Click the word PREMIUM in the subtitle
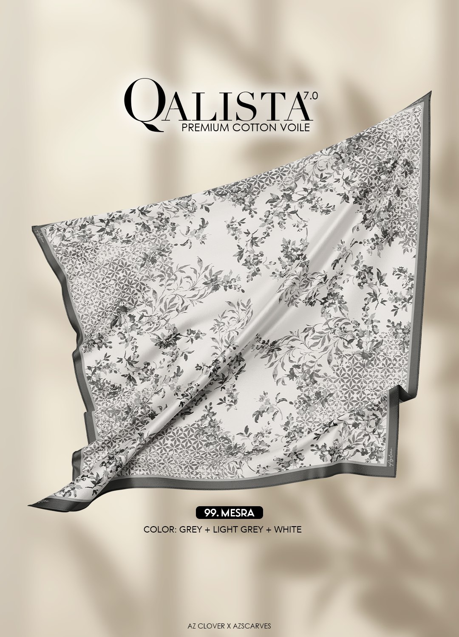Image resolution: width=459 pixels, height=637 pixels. (204, 127)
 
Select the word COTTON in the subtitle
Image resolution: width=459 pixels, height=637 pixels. (253, 127)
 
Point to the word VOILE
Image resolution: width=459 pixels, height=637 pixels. (295, 127)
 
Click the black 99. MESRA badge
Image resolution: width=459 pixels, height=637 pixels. (229, 513)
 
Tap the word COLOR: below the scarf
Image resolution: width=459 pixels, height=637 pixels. (160, 530)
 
